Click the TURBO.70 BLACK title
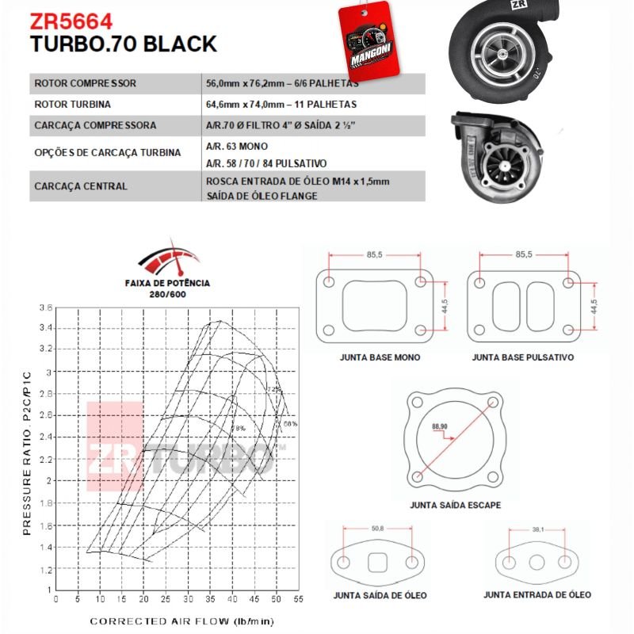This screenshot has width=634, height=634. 123,44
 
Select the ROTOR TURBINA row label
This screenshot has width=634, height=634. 72,104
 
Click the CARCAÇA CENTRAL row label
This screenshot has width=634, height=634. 81,187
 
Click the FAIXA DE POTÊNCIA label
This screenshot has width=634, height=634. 167,283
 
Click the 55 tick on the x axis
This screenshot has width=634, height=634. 298,600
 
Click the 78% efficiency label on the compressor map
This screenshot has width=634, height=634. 237,428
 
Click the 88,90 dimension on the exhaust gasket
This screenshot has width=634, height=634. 438,426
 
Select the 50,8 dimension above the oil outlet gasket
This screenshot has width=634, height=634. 377,528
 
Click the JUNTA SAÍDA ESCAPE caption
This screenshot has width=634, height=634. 455,505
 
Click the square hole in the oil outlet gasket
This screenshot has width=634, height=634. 377,563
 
